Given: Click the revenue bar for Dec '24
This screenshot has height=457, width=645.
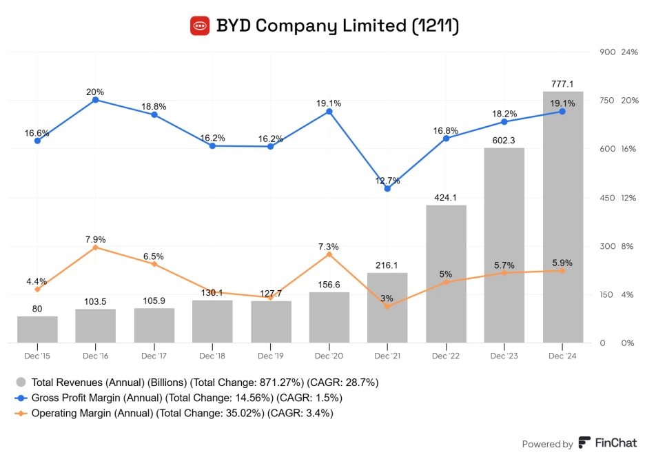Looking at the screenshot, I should coord(562,217).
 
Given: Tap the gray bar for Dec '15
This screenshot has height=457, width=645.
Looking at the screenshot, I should coord(37,329).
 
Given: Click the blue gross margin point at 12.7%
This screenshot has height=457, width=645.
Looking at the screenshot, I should coord(387,188).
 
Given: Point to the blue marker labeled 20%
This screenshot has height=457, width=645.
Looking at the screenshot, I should coord(96,100).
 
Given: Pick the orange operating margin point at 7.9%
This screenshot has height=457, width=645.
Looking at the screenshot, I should coord(96,247).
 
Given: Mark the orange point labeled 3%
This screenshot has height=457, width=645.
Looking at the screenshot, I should coord(387,306).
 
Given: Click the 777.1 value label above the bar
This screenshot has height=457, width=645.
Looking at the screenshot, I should coord(562,83).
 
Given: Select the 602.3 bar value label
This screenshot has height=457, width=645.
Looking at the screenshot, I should coord(504,140).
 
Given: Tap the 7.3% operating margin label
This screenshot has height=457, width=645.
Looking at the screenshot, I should coord(329,246).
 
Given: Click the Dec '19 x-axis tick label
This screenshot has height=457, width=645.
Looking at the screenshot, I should coord(270,356).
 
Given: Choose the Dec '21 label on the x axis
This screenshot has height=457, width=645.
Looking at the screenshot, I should coord(387,356).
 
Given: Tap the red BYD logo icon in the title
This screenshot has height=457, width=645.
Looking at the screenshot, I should coord(200,26).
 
